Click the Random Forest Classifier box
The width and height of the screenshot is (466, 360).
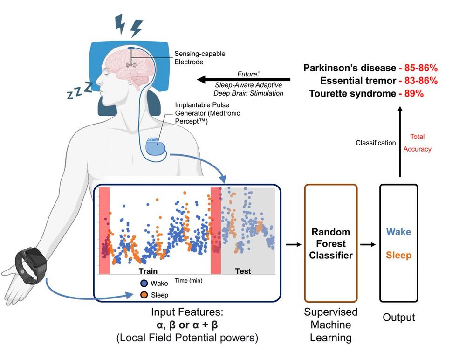click(330, 243)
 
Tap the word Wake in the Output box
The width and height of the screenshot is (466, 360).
click(398, 232)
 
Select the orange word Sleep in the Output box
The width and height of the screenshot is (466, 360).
click(398, 256)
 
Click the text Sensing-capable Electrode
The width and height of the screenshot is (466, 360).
click(199, 58)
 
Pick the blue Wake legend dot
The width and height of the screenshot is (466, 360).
click(144, 283)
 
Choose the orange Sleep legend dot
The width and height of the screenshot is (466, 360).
click(144, 294)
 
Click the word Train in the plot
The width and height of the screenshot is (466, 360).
click(148, 271)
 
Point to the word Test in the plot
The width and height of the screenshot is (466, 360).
click(243, 271)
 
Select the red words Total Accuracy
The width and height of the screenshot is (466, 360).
click(417, 143)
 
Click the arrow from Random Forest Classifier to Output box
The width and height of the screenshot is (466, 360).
click(368, 244)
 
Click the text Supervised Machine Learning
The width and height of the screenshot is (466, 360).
click(330, 324)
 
